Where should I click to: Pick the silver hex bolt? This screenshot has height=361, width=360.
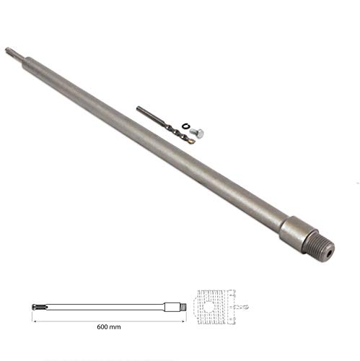tap(200, 134)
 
